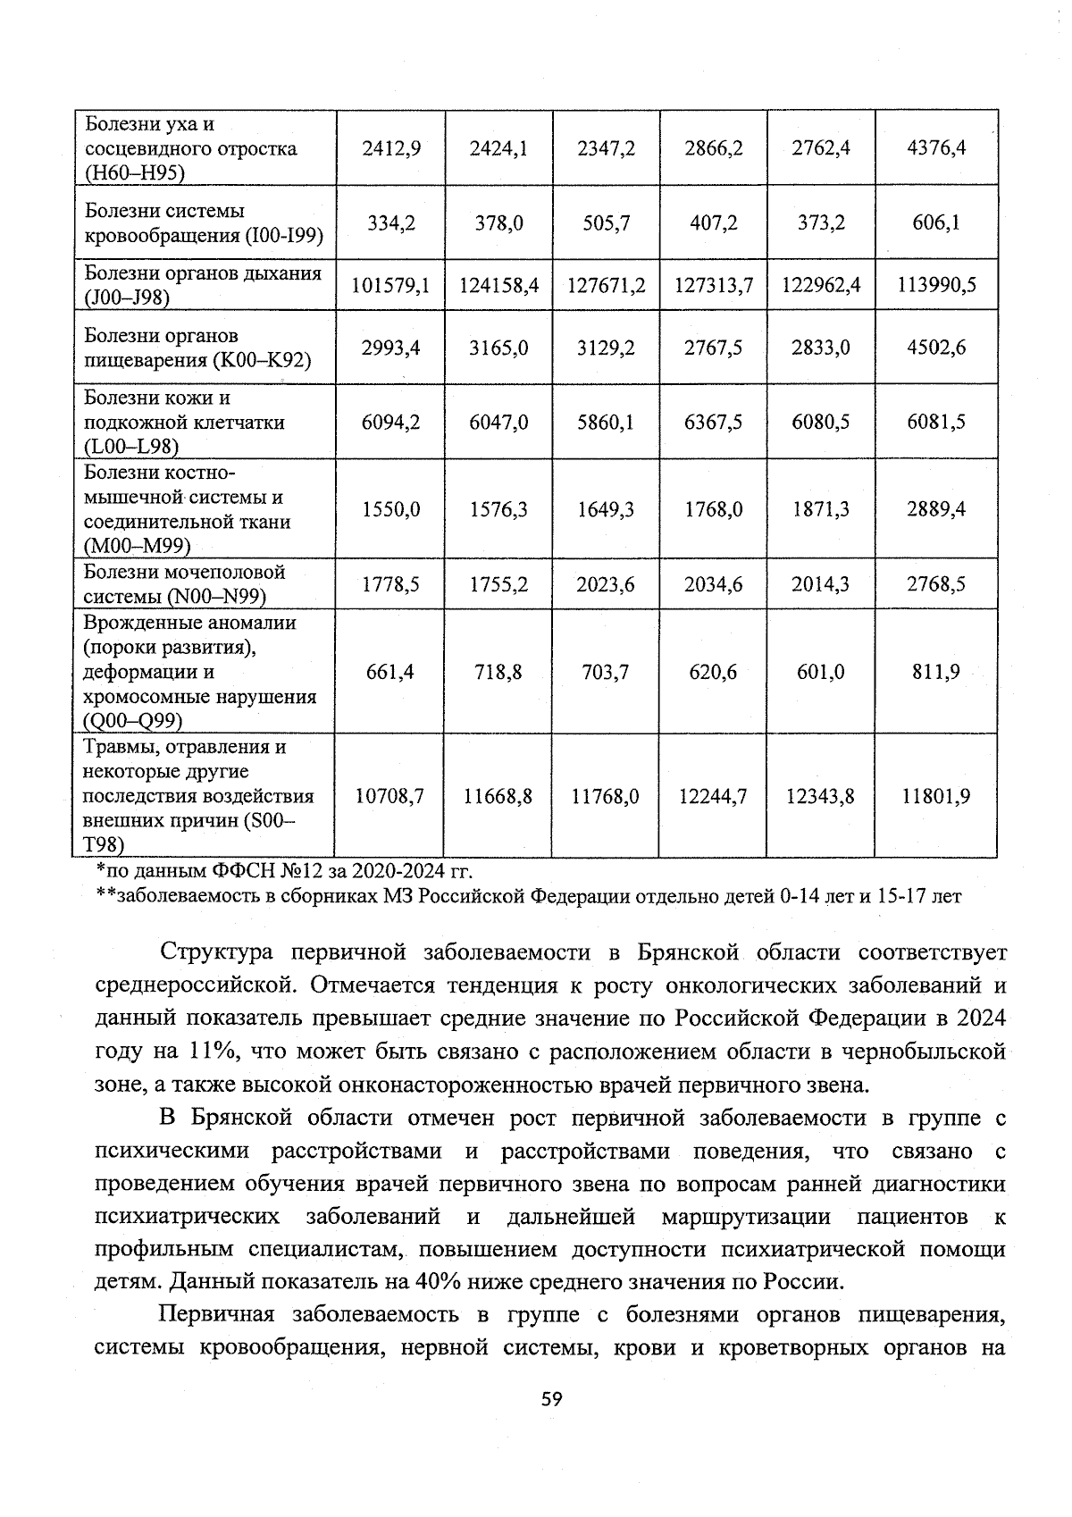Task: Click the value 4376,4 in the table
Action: coord(936,148)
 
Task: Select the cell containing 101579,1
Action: coord(390,285)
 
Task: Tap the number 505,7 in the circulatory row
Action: coord(606,222)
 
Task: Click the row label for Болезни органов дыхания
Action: coord(203,285)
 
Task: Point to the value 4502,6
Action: coord(936,348)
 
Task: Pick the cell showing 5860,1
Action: coord(606,422)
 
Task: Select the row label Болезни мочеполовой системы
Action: coord(185,583)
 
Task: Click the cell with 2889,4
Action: coord(936,509)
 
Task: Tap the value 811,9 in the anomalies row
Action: coord(936,671)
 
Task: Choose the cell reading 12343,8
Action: coord(820,795)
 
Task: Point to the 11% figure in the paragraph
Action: coord(212,1052)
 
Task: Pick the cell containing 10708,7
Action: coord(390,795)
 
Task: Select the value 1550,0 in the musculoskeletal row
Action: coord(390,509)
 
